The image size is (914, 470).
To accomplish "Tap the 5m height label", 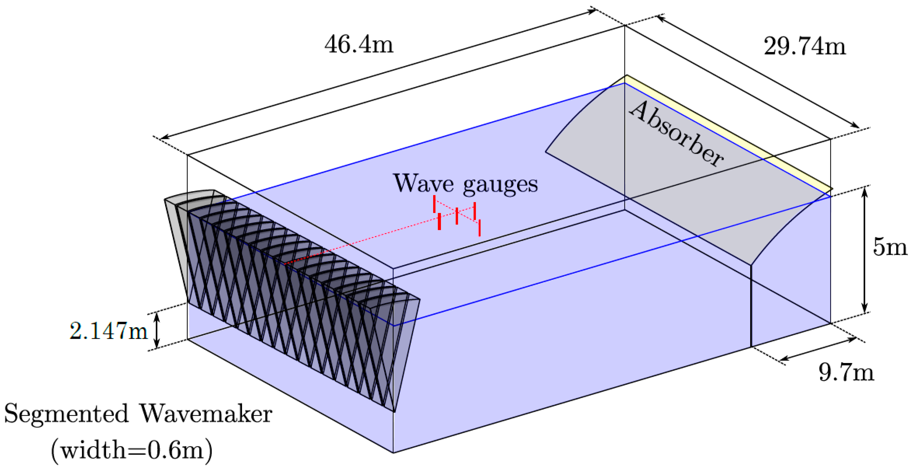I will pos(890,247).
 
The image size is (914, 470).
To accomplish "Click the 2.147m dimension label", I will pos(108,331).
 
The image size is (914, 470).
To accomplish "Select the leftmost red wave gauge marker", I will pos(434,204).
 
